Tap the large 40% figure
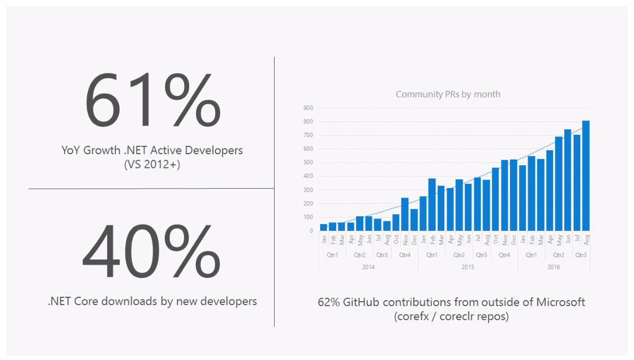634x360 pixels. tap(151, 252)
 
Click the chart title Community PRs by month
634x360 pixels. tap(448, 94)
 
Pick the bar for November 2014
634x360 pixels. tap(404, 214)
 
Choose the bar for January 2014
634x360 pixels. tap(323, 227)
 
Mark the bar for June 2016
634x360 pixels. tap(567, 180)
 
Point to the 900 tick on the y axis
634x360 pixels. tap(308, 108)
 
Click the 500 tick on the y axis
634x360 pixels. tap(308, 163)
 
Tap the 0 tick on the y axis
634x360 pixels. tap(311, 231)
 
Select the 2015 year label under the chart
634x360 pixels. tap(468, 267)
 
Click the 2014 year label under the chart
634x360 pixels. tap(368, 267)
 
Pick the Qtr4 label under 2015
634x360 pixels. tap(504, 255)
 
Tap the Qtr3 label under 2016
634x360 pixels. tap(581, 255)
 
